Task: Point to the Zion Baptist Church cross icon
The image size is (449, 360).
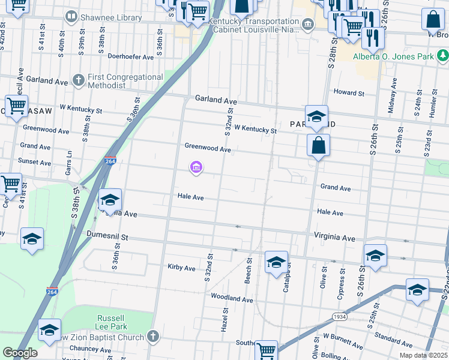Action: [153, 337]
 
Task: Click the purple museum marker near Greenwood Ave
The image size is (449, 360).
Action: [196, 168]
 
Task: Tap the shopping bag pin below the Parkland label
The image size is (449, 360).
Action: [318, 145]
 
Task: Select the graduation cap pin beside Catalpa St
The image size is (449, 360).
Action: [276, 262]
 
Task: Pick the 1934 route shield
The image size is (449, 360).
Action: [339, 316]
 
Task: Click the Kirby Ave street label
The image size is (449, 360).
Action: [182, 268]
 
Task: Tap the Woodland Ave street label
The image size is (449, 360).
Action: [232, 298]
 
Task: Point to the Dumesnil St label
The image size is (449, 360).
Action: [107, 237]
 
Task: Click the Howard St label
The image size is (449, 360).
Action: [349, 93]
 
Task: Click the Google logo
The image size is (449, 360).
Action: [20, 353]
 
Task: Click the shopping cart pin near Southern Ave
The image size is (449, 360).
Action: [266, 350]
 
